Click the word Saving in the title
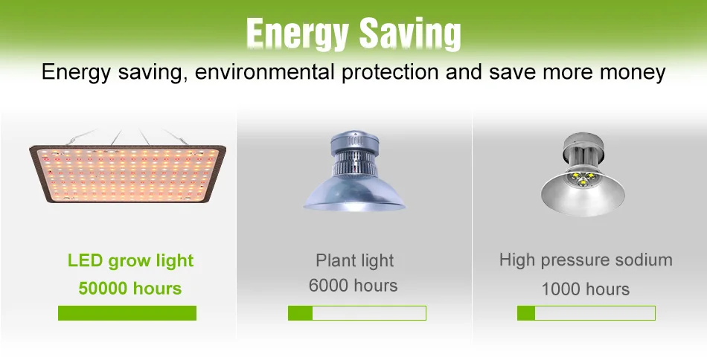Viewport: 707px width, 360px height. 410,34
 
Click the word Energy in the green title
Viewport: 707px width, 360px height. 298,34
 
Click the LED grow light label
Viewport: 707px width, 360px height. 131,261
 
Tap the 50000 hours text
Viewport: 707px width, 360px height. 129,289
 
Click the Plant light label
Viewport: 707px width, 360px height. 355,261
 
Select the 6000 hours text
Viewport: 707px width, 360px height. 353,286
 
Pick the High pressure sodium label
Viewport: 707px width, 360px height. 586,260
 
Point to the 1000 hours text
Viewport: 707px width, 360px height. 585,289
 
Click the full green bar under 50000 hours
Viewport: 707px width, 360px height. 127,313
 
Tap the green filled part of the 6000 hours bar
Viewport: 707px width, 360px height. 301,313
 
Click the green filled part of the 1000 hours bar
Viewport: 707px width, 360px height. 526,313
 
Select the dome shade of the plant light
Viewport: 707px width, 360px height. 354,193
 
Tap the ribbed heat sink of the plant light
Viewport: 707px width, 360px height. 354,163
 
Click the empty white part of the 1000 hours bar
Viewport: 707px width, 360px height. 595,313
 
